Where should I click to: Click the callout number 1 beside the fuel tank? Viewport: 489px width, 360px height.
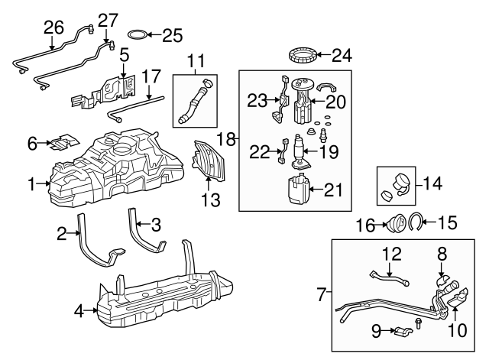click(x=31, y=183)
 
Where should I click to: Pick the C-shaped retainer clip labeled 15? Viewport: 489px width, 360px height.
click(x=416, y=223)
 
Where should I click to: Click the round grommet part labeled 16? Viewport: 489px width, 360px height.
click(x=397, y=225)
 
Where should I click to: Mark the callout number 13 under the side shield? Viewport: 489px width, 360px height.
click(x=210, y=200)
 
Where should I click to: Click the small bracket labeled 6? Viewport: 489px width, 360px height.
click(x=66, y=141)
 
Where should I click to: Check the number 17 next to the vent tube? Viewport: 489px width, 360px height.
click(x=151, y=76)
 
